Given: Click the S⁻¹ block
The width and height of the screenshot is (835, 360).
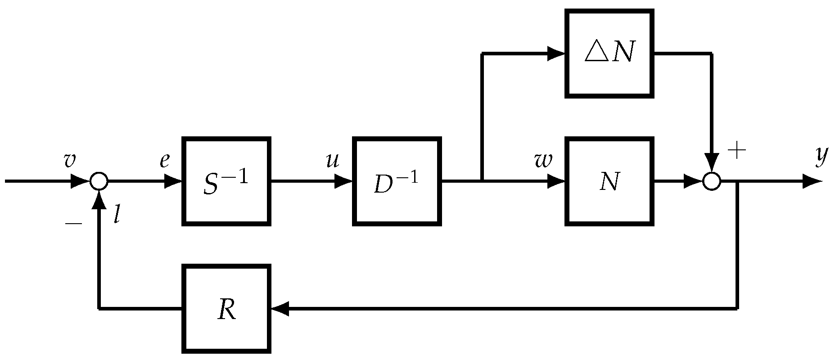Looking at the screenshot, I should [x=226, y=181].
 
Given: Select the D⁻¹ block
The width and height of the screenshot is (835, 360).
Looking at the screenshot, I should [x=397, y=181].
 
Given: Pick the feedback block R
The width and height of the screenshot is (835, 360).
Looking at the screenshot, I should [x=226, y=309].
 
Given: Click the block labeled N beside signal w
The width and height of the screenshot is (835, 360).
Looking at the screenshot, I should [x=609, y=181].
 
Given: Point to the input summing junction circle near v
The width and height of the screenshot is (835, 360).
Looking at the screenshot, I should [x=99, y=181].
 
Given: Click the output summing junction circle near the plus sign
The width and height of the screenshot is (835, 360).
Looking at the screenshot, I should [x=712, y=181].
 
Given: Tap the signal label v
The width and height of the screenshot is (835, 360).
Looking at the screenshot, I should [x=70, y=160].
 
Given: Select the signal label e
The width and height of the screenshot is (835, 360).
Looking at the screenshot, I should [x=165, y=161].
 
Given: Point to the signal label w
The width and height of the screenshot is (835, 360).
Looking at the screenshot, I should [x=543, y=160].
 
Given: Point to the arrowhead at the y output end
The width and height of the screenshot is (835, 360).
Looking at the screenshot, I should [x=812, y=181].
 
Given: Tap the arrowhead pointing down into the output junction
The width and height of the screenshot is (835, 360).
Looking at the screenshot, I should [x=712, y=162].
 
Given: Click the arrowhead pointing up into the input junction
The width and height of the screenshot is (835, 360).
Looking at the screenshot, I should [x=99, y=200].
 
